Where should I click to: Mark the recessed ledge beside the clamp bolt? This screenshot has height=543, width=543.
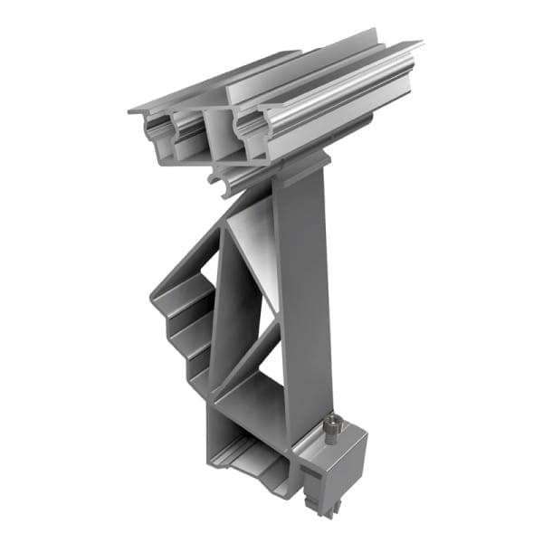coord(313,438)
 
